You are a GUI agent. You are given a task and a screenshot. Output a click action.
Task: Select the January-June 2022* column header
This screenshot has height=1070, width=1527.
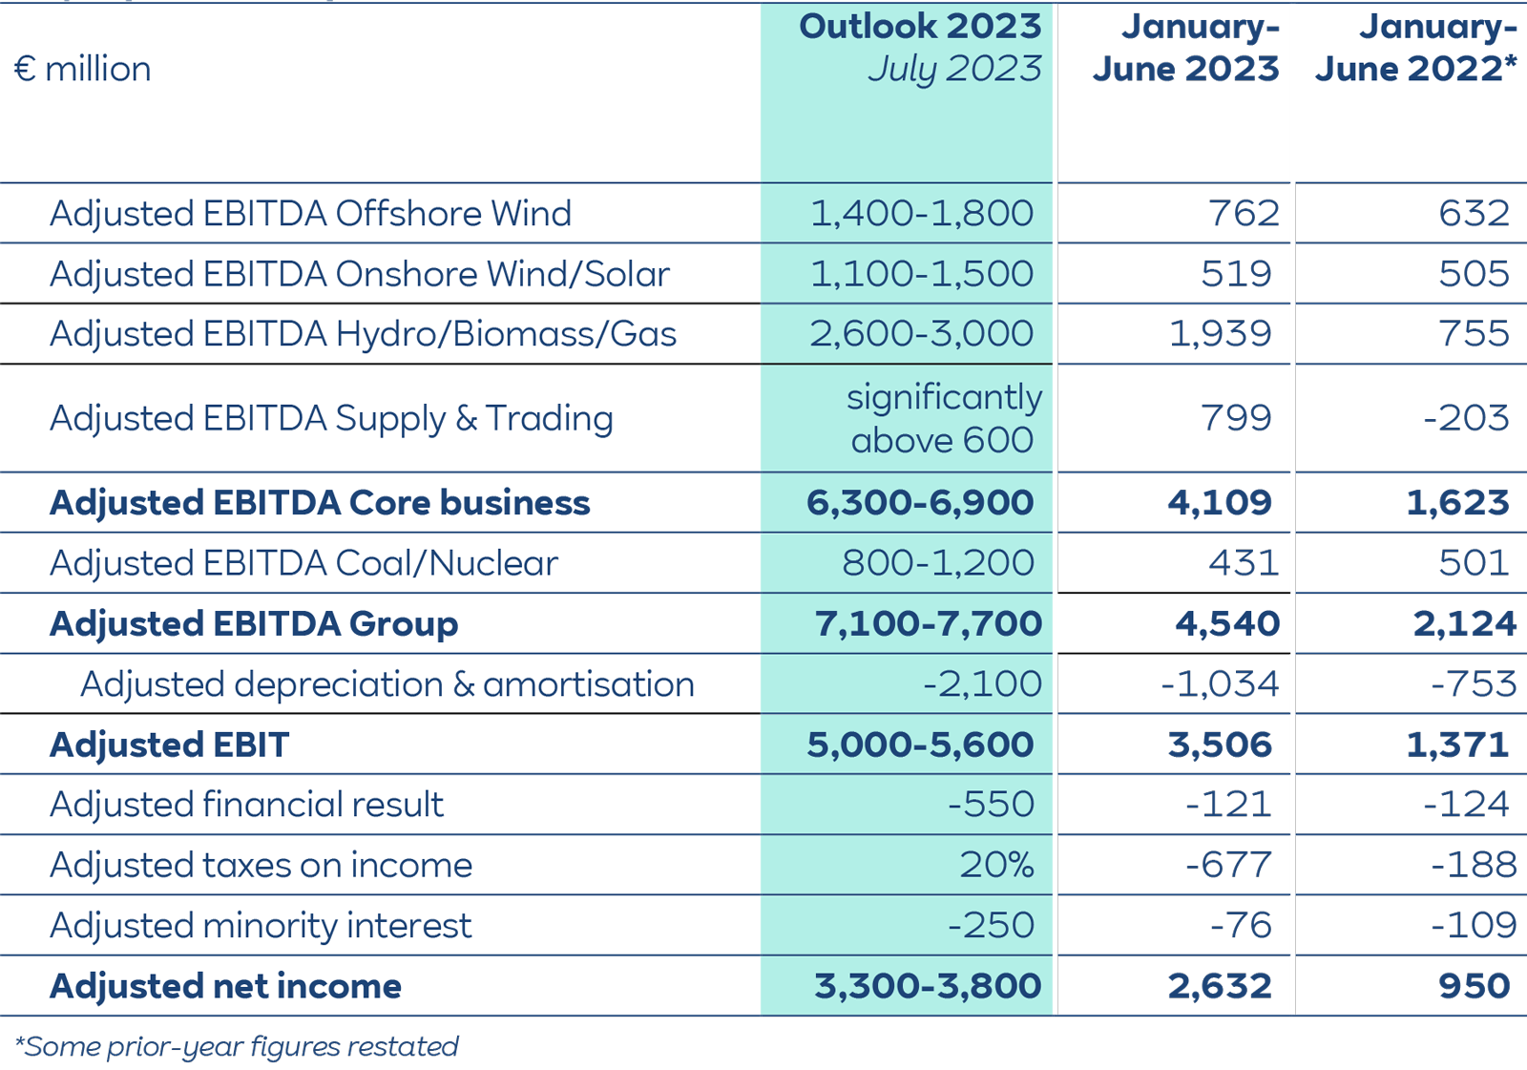pyautogui.click(x=1415, y=48)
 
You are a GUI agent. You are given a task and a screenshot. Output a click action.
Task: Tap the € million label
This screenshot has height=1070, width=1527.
pyautogui.click(x=83, y=69)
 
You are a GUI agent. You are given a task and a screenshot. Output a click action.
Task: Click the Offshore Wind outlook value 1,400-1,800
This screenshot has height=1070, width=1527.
pyautogui.click(x=921, y=213)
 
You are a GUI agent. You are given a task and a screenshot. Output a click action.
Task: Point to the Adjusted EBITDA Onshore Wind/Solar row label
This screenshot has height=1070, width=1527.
pyautogui.click(x=359, y=274)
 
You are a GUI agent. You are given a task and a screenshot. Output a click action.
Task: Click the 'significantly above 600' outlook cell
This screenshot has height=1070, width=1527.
pyautogui.click(x=943, y=418)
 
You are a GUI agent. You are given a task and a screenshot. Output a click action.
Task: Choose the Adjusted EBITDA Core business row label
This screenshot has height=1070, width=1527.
pyautogui.click(x=320, y=503)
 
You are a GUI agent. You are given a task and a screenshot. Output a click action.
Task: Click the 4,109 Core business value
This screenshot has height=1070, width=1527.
pyautogui.click(x=1219, y=503)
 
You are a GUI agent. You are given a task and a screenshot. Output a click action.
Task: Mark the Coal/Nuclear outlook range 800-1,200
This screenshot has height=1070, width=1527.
pyautogui.click(x=937, y=563)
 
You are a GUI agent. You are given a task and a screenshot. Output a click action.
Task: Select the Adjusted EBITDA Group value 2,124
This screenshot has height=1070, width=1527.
pyautogui.click(x=1464, y=624)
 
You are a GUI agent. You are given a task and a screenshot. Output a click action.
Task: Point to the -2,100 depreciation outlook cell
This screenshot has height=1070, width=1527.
pyautogui.click(x=982, y=684)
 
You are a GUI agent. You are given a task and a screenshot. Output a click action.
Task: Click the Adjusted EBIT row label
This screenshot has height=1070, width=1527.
pyautogui.click(x=169, y=745)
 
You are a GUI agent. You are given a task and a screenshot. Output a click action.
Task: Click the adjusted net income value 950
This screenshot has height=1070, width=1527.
pyautogui.click(x=1474, y=986)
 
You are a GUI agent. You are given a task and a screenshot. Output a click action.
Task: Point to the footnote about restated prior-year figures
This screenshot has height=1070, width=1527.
pyautogui.click(x=237, y=1047)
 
